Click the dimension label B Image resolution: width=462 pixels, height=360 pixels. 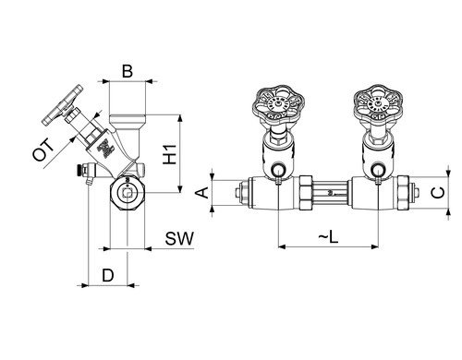tap(128, 71)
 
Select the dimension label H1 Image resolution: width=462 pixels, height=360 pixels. tap(170, 154)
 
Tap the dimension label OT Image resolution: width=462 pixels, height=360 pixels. tap(43, 150)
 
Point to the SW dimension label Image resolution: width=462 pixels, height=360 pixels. tap(179, 238)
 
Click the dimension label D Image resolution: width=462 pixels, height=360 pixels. tap(108, 275)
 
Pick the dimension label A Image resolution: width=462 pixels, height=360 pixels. tap(202, 193)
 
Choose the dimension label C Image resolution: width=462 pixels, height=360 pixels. tap(438, 193)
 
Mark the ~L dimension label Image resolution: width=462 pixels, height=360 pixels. tap(328, 237)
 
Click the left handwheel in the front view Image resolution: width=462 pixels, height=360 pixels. tap(278, 104)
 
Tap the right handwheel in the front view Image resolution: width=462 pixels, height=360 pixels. tap(379, 103)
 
